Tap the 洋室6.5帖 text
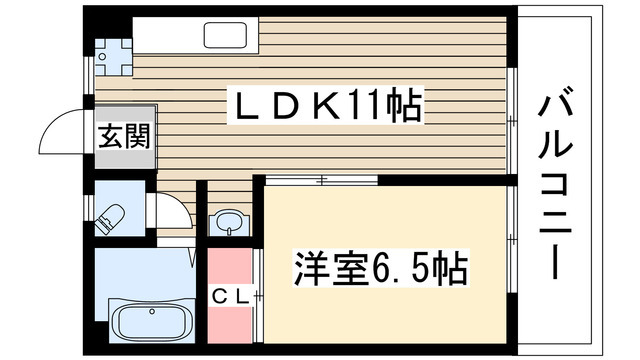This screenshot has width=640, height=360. coord(381,269)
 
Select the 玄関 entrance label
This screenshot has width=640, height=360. coord(124,136)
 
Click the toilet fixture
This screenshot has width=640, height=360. coord(111,218)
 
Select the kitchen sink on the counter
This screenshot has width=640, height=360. coord(231,35)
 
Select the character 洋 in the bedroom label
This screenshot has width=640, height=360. coord(311,269)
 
